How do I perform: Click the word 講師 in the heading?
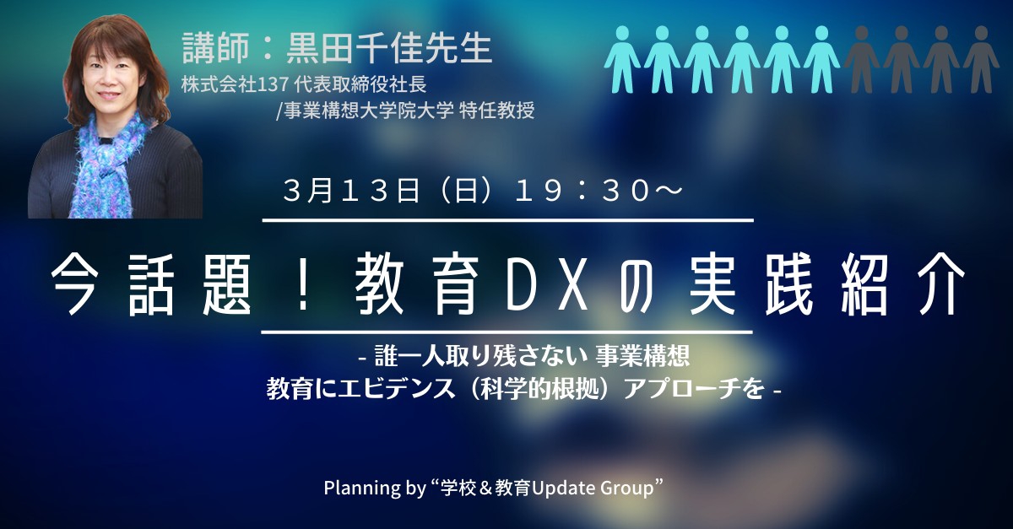click(x=215, y=48)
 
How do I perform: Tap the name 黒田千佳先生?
click(x=389, y=48)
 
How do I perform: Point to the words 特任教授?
click(x=496, y=111)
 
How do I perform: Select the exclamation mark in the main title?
click(x=303, y=285)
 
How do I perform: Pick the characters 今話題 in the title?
click(x=150, y=285)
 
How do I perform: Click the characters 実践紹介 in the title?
click(x=826, y=285)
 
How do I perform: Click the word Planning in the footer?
click(x=362, y=489)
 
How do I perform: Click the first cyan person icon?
click(x=623, y=59)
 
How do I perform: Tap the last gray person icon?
click(x=981, y=59)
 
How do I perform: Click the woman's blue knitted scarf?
click(x=109, y=167)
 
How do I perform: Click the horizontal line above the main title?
click(x=508, y=221)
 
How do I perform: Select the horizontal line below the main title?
click(x=507, y=332)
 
